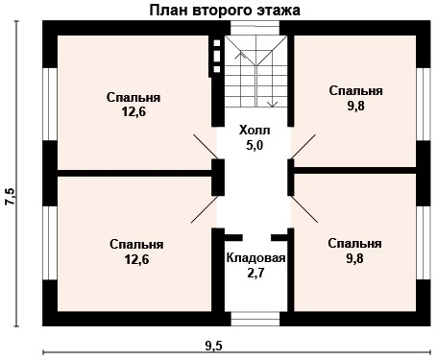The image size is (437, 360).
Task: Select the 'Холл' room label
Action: (255, 130)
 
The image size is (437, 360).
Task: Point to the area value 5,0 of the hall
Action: (255, 145)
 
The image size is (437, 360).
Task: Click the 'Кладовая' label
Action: (255, 258)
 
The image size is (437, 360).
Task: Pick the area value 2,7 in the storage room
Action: (255, 275)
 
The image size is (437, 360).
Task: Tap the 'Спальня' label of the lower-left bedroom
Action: (135, 244)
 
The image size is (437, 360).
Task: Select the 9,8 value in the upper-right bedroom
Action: (355, 106)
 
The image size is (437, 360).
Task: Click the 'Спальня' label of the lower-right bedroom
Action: (354, 243)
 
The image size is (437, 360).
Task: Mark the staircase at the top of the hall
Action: (255, 72)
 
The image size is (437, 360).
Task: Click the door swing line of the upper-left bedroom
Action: (204, 145)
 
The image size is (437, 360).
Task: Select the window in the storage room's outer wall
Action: (255, 320)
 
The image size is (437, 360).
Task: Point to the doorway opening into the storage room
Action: (255, 235)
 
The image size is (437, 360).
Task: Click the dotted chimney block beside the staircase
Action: (216, 57)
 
